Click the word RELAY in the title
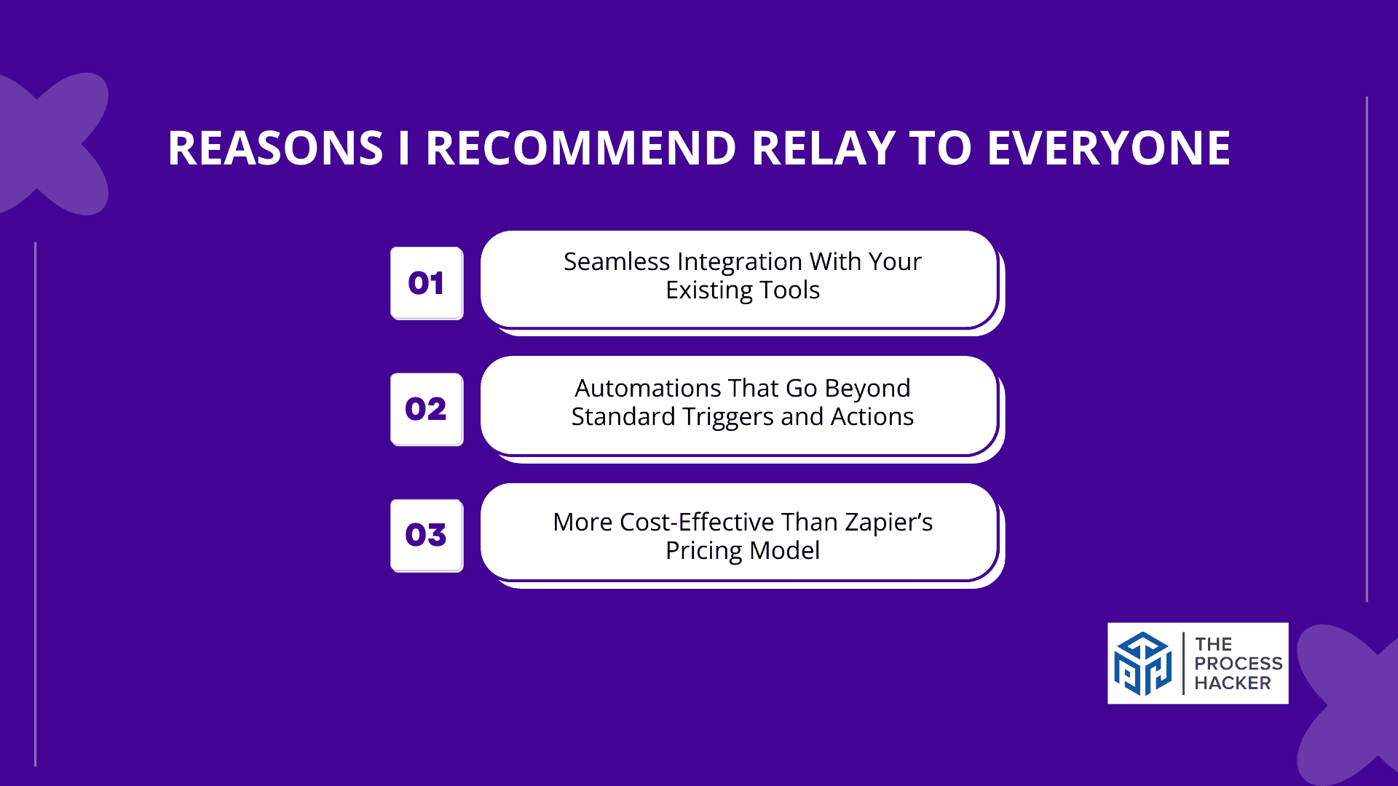pyautogui.click(x=823, y=148)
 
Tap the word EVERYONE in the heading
pyautogui.click(x=1108, y=148)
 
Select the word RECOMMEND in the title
pyautogui.click(x=581, y=148)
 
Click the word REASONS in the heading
pyautogui.click(x=275, y=148)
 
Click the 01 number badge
pyautogui.click(x=427, y=283)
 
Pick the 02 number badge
pyautogui.click(x=427, y=409)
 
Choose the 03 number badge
pyautogui.click(x=427, y=535)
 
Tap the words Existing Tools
pyautogui.click(x=743, y=290)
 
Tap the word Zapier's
pyautogui.click(x=889, y=523)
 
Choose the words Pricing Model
pyautogui.click(x=743, y=551)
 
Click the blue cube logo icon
pyautogui.click(x=1142, y=663)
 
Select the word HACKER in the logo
pyautogui.click(x=1233, y=683)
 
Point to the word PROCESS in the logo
pyautogui.click(x=1239, y=664)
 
